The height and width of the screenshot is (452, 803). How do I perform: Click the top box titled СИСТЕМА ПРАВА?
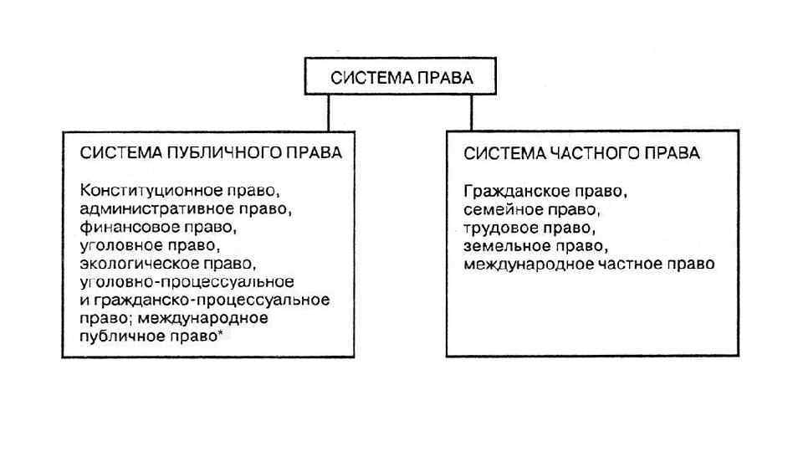pyautogui.click(x=401, y=79)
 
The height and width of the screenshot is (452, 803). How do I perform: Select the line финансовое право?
pyautogui.click(x=154, y=227)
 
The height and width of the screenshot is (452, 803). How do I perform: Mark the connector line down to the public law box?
pyautogui.click(x=329, y=112)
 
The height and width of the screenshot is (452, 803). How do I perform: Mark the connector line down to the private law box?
pyautogui.click(x=471, y=112)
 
